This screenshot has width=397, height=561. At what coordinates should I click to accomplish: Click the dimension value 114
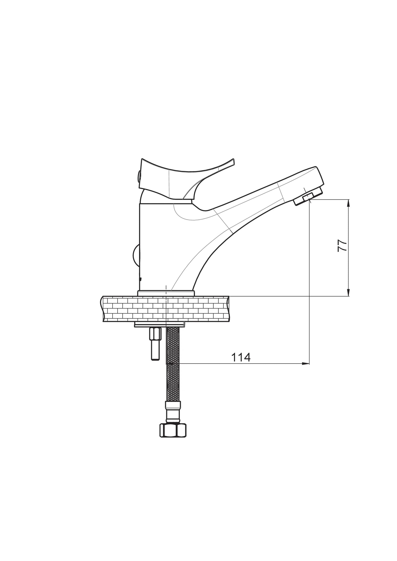(x=241, y=358)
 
